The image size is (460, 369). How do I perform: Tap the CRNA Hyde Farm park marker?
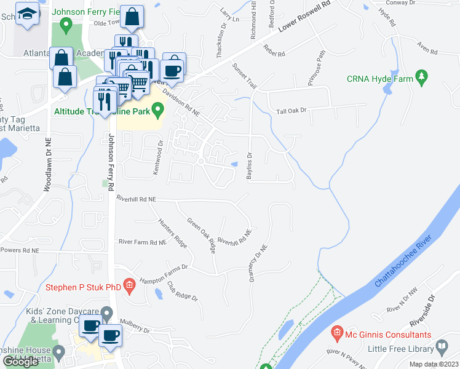421,77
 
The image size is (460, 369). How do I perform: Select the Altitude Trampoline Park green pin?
158,111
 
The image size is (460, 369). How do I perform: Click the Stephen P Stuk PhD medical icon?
129,285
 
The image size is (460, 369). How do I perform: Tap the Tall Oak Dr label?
291,111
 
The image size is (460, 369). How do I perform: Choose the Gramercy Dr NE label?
258,264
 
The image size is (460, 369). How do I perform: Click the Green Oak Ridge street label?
202,236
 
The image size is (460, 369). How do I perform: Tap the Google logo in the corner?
21,362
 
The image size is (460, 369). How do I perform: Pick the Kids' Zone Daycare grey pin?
106,314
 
